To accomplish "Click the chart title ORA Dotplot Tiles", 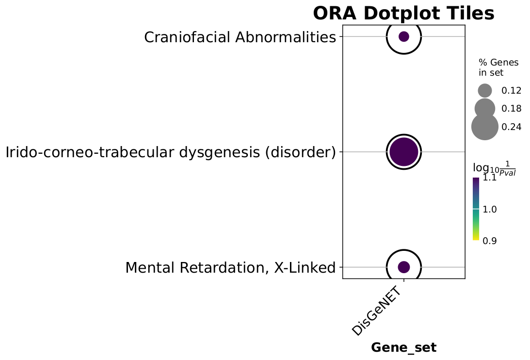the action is pyautogui.click(x=403, y=14).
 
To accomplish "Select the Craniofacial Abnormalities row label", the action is pyautogui.click(x=240, y=37).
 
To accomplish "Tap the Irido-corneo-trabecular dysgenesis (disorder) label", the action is pyautogui.click(x=171, y=152).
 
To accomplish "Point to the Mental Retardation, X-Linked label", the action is pyautogui.click(x=230, y=268).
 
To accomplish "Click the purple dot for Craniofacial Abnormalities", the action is pyautogui.click(x=404, y=36).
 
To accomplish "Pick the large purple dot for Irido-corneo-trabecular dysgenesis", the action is pyautogui.click(x=404, y=152).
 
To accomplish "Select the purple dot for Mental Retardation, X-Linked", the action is pyautogui.click(x=404, y=267).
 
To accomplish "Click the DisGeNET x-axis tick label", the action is pyautogui.click(x=377, y=311).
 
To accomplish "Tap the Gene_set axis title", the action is pyautogui.click(x=403, y=347).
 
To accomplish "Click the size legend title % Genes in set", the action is pyautogui.click(x=494, y=67).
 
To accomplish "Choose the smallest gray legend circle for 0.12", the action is pyautogui.click(x=485, y=91).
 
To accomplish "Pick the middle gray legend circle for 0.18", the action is pyautogui.click(x=485, y=109).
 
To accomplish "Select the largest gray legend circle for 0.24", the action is pyautogui.click(x=485, y=127).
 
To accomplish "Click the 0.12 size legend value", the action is pyautogui.click(x=512, y=91).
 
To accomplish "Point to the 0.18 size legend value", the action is pyautogui.click(x=512, y=109).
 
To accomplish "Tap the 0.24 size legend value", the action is pyautogui.click(x=512, y=127).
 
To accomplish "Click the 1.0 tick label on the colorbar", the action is pyautogui.click(x=490, y=210).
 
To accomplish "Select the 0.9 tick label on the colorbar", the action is pyautogui.click(x=490, y=241).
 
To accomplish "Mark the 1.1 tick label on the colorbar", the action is pyautogui.click(x=490, y=178).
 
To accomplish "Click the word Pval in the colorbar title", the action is pyautogui.click(x=508, y=173).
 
